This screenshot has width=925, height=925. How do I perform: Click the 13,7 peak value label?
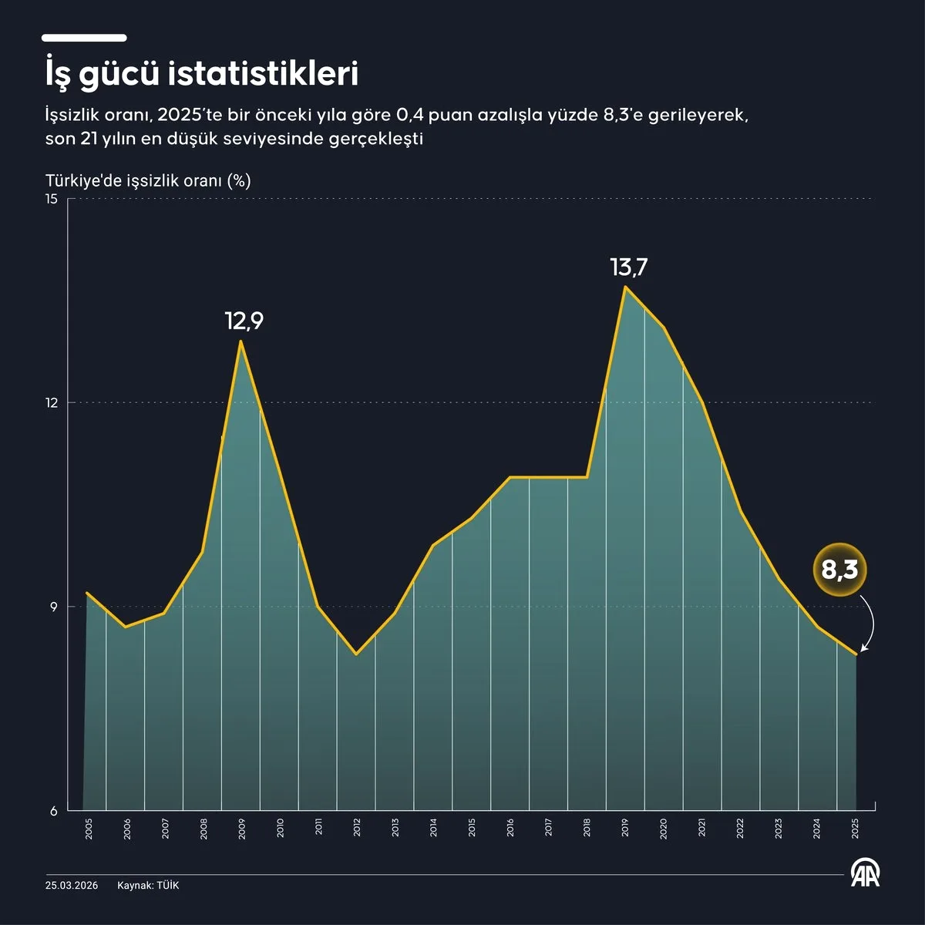pyautogui.click(x=629, y=267)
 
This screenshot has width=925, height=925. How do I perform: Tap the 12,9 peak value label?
pyautogui.click(x=244, y=321)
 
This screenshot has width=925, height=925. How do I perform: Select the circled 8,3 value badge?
pyautogui.click(x=839, y=570)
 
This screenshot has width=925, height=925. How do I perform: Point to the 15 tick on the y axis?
pyautogui.click(x=52, y=199)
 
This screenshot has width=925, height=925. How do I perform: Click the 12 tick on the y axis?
pyautogui.click(x=52, y=402)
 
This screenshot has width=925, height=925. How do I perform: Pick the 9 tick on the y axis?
pyautogui.click(x=54, y=607)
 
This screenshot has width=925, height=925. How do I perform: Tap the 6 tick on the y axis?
pyautogui.click(x=54, y=811)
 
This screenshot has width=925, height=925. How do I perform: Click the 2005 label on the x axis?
pyautogui.click(x=89, y=829)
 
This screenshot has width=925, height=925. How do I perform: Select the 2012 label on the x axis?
pyautogui.click(x=357, y=828)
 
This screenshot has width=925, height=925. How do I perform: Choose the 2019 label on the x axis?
pyautogui.click(x=625, y=828)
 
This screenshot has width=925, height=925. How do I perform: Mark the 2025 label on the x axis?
pyautogui.click(x=855, y=829)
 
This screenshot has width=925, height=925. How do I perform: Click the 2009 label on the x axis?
pyautogui.click(x=241, y=829)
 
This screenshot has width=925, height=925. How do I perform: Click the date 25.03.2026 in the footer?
pyautogui.click(x=72, y=886)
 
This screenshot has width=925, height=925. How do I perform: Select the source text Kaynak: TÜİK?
pyautogui.click(x=148, y=885)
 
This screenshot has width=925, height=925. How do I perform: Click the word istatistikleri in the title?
pyautogui.click(x=263, y=75)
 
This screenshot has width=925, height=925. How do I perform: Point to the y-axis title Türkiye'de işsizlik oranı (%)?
pyautogui.click(x=148, y=181)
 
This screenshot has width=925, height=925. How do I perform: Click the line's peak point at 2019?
pyautogui.click(x=625, y=287)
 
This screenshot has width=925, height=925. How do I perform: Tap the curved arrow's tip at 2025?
pyautogui.click(x=860, y=652)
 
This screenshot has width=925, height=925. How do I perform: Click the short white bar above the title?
pyautogui.click(x=84, y=38)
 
